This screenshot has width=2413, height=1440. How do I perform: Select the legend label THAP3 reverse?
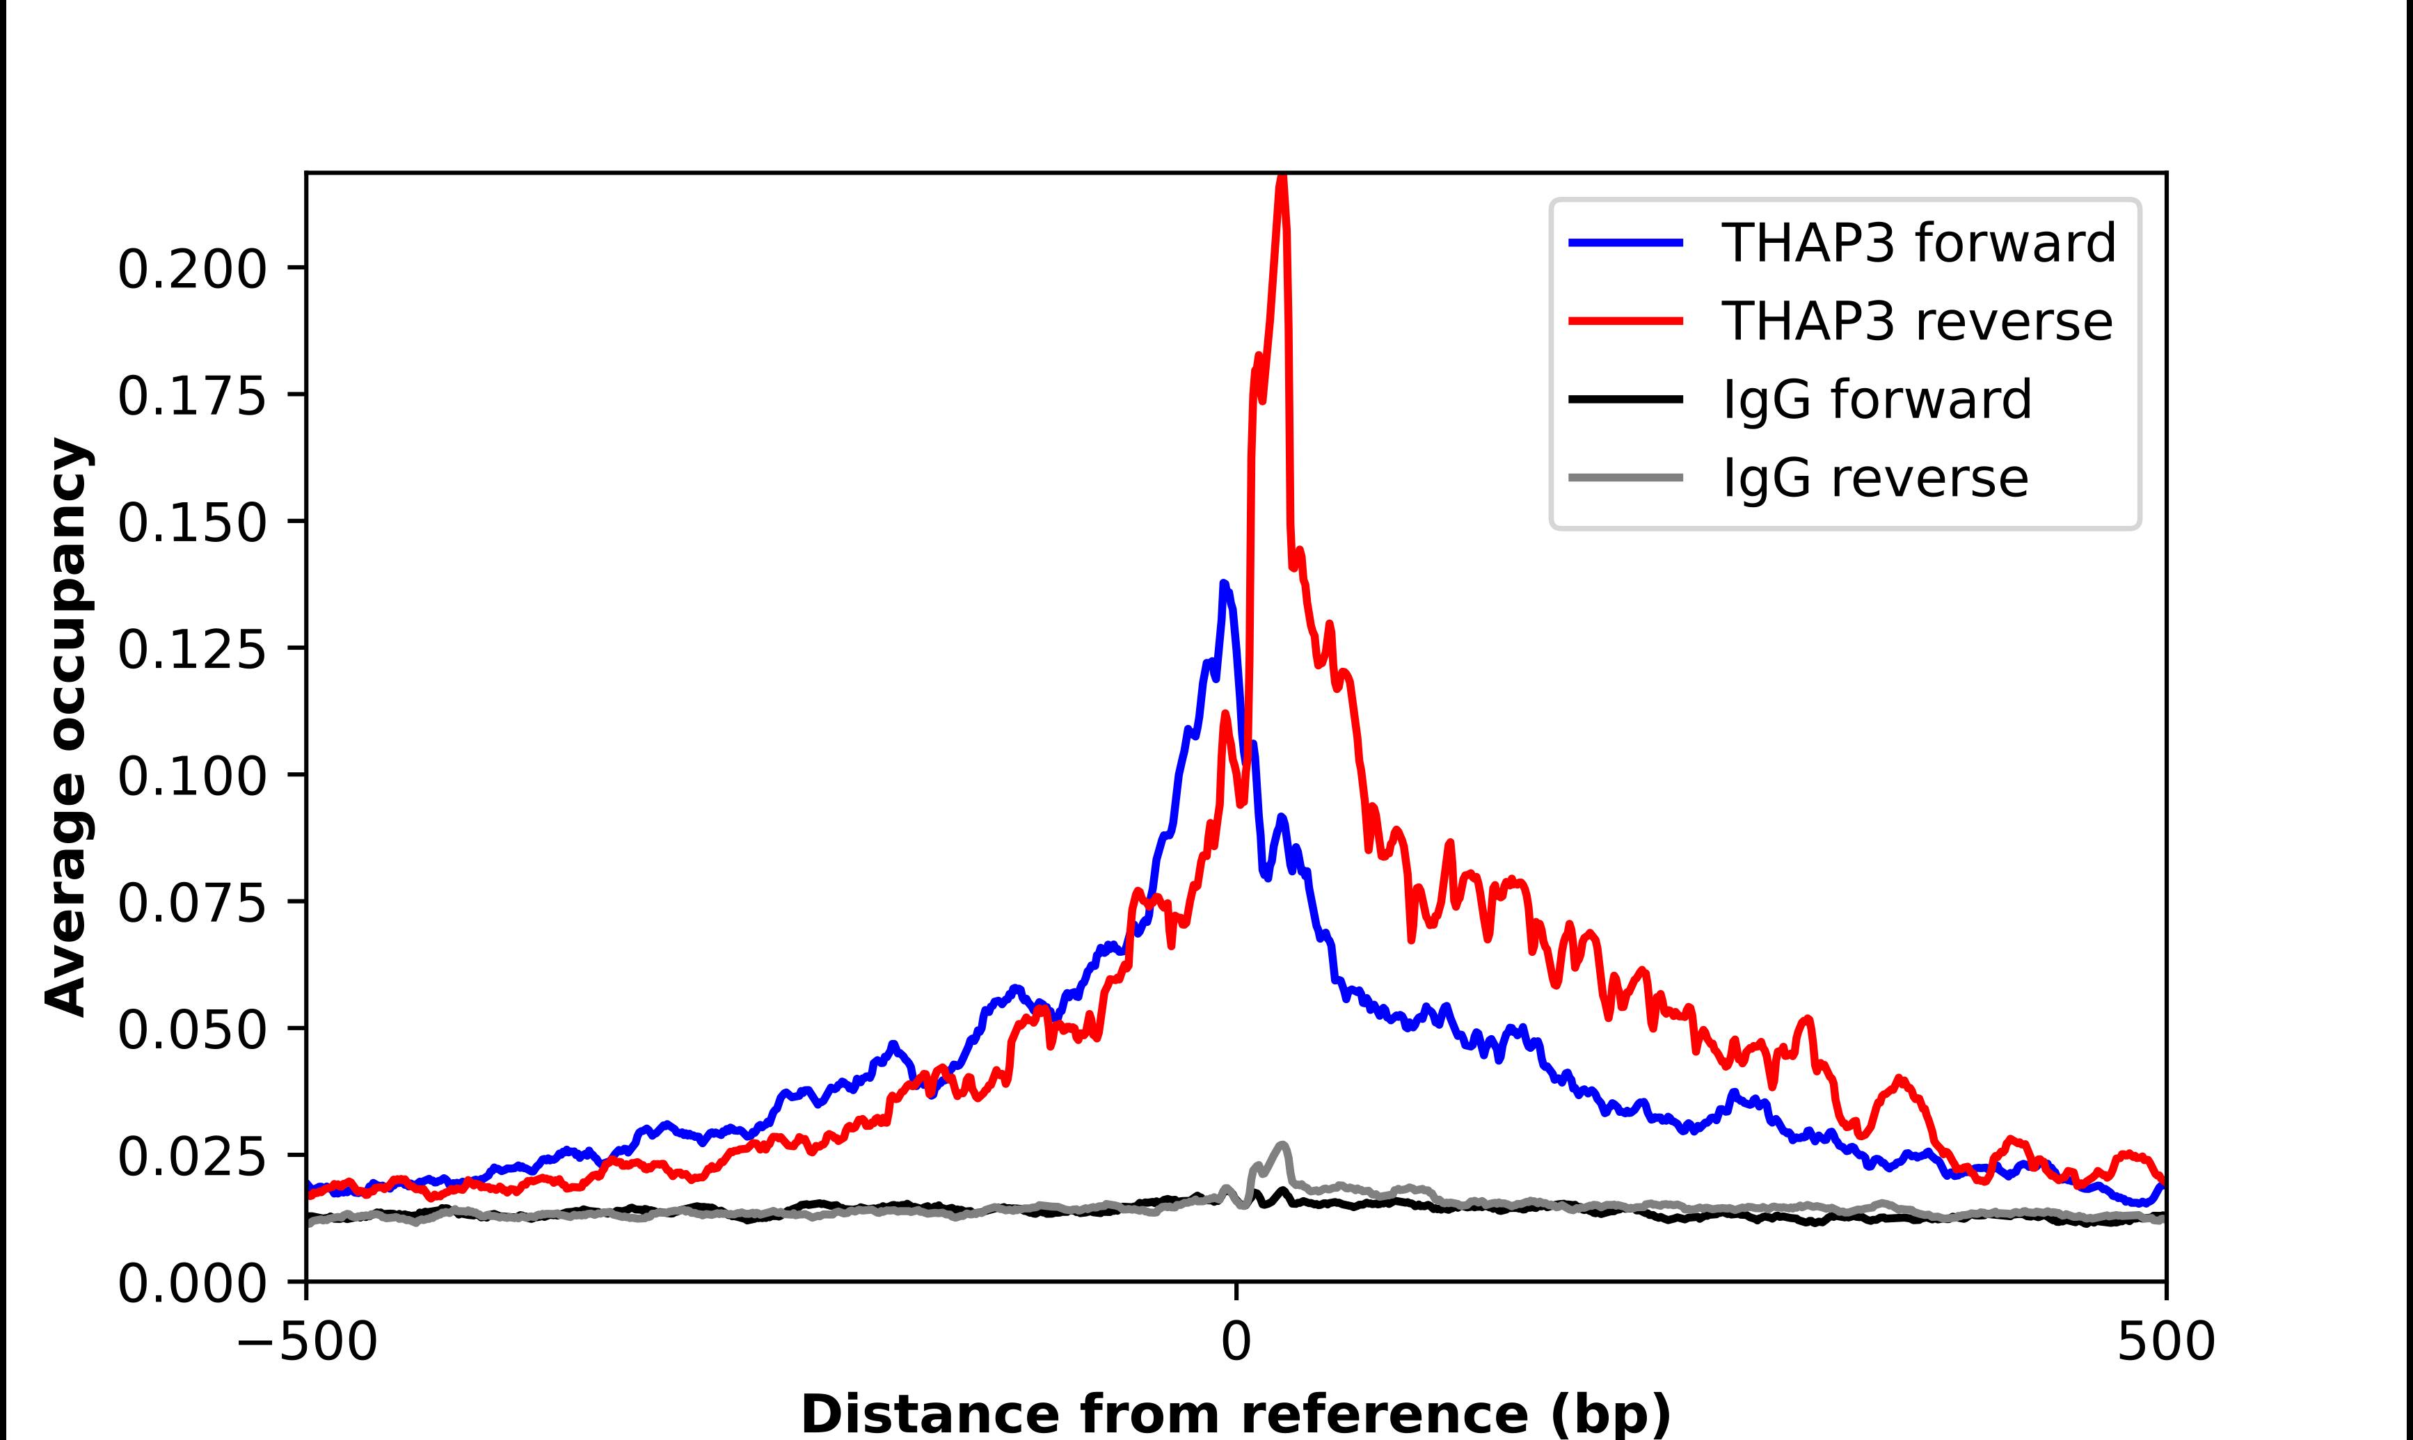click(1916, 321)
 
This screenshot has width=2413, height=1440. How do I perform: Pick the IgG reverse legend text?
click(1874, 477)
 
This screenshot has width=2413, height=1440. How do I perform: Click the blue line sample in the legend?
click(1625, 243)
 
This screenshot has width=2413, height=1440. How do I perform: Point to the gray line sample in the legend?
click(1625, 477)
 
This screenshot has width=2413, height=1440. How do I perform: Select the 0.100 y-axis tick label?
click(191, 776)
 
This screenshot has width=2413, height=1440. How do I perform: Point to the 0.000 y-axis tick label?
click(191, 1283)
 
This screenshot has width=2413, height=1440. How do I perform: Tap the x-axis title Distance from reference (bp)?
click(1235, 1414)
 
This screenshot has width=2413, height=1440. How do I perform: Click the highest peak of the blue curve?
click(1223, 584)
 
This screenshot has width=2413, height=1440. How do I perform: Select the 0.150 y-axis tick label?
click(191, 523)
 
